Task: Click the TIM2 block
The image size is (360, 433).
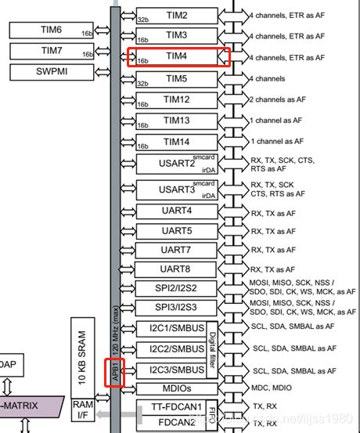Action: (x=176, y=15)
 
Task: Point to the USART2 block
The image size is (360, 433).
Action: (x=176, y=164)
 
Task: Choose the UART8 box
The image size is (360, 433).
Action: (x=176, y=269)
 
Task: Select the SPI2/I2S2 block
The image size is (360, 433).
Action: (x=176, y=289)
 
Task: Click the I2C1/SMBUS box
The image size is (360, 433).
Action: (x=171, y=328)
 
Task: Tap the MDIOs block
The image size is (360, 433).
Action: (x=176, y=388)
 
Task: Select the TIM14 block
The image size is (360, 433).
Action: (x=176, y=142)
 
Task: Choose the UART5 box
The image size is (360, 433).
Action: (x=176, y=231)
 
